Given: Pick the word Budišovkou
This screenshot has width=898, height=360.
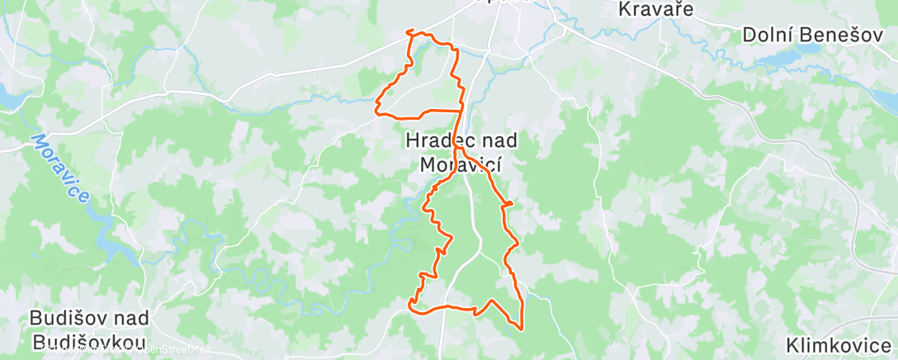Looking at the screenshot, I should coord(87,342).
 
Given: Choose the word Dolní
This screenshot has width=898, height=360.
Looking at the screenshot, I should coord(764,35).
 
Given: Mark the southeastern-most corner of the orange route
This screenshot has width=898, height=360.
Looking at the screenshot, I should coord(521,328).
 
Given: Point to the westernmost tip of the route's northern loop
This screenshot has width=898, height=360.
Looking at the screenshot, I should coord(377,107).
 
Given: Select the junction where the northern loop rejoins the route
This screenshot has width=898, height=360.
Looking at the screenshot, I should coord(461,110).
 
